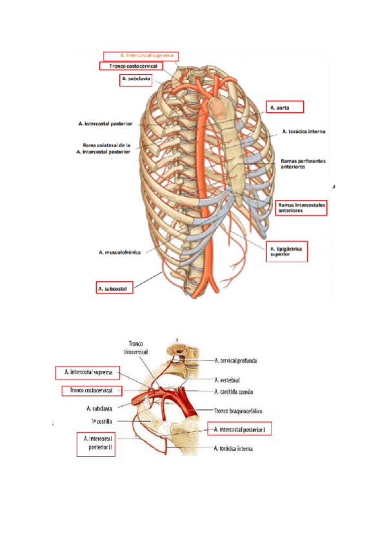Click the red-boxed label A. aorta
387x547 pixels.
[284, 107]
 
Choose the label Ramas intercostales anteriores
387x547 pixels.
[301, 208]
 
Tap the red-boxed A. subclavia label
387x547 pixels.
[135, 80]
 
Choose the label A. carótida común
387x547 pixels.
[236, 392]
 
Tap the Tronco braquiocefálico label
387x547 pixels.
[240, 410]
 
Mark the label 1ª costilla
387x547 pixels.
[103, 421]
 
